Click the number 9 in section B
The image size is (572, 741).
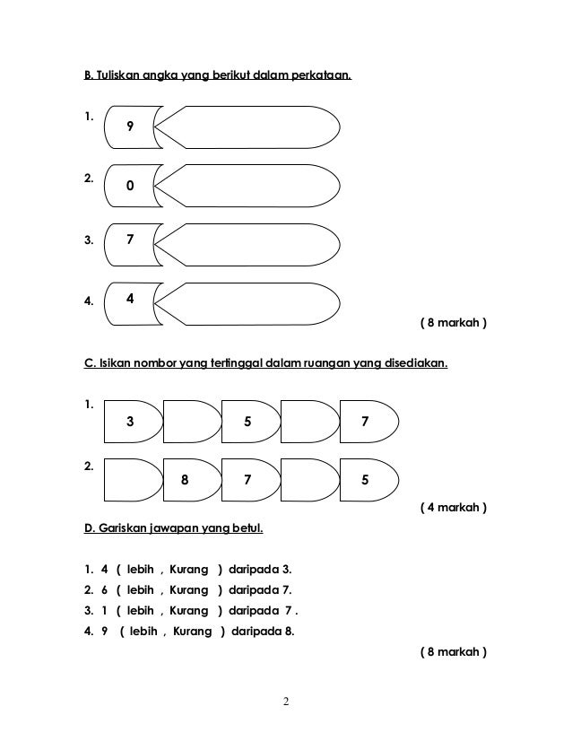click(131, 127)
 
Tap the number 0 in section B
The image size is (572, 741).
click(130, 187)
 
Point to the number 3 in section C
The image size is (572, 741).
click(131, 421)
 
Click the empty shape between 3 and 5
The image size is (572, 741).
click(190, 421)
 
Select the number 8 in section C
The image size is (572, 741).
click(185, 479)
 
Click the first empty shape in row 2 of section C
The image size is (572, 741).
click(131, 479)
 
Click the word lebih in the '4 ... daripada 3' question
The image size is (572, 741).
click(141, 570)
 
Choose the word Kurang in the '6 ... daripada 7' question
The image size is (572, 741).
click(188, 590)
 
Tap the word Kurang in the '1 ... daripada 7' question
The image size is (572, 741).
click(188, 611)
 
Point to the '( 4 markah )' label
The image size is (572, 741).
click(454, 508)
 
